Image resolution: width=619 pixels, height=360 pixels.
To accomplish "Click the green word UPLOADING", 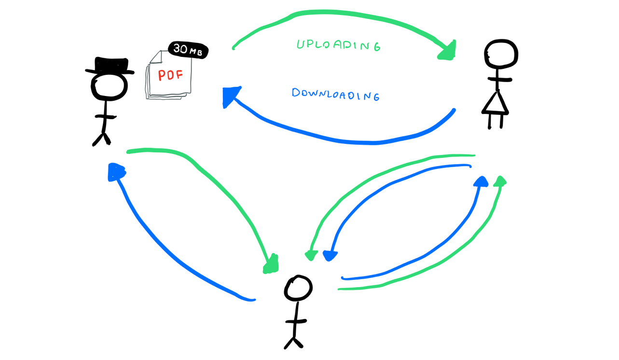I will tap(338, 45).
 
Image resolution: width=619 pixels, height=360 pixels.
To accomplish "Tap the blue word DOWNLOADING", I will tap(335, 94).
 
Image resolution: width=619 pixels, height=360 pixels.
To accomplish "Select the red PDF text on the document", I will tap(170, 76).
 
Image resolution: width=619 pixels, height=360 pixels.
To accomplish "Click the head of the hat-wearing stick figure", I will tap(110, 87).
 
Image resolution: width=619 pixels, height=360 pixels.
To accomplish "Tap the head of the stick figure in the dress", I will tap(501, 55).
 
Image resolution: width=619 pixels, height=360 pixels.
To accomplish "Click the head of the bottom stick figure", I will tap(298, 289).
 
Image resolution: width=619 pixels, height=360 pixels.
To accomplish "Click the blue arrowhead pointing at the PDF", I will tap(231, 97).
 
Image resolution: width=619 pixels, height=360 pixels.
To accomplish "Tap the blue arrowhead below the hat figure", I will tap(116, 172).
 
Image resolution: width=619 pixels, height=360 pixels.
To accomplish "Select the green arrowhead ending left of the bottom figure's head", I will tap(271, 263).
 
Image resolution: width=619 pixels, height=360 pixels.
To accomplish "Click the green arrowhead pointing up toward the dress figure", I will tap(500, 182).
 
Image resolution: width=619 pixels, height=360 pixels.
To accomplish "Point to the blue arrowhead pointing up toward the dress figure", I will tap(481, 182).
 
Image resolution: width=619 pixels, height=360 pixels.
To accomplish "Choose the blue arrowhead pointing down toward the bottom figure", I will tap(330, 255).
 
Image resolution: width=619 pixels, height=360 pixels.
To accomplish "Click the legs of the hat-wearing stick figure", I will tap(102, 138).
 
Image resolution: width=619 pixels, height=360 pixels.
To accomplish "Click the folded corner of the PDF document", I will tap(155, 57).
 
